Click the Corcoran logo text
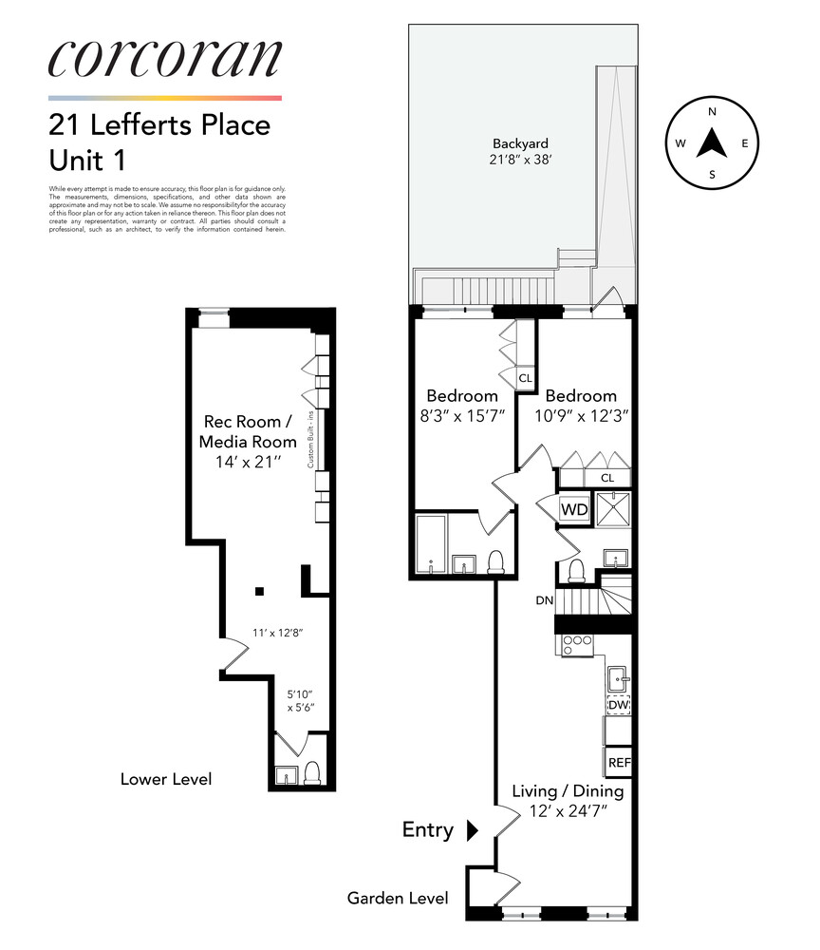point(164,59)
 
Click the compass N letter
point(712,112)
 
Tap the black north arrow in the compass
point(712,143)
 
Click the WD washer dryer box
point(574,509)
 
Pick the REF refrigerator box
point(619,762)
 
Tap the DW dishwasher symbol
point(619,706)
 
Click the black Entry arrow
point(473,830)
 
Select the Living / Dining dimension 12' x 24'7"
point(567,812)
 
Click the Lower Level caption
point(165,779)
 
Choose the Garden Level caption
point(397,898)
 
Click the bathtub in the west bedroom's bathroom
point(432,545)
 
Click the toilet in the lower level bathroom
point(312,772)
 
